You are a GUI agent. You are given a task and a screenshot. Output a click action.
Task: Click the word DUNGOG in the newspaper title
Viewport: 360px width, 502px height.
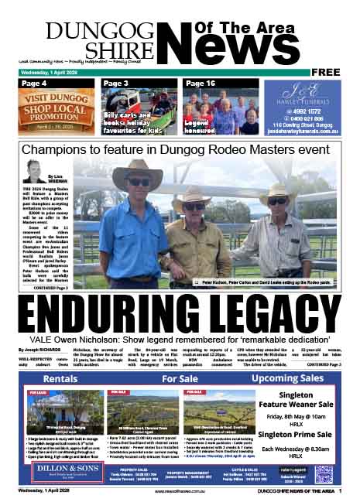pos(91,31)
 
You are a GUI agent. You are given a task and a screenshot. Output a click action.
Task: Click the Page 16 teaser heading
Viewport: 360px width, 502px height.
pos(200,83)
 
